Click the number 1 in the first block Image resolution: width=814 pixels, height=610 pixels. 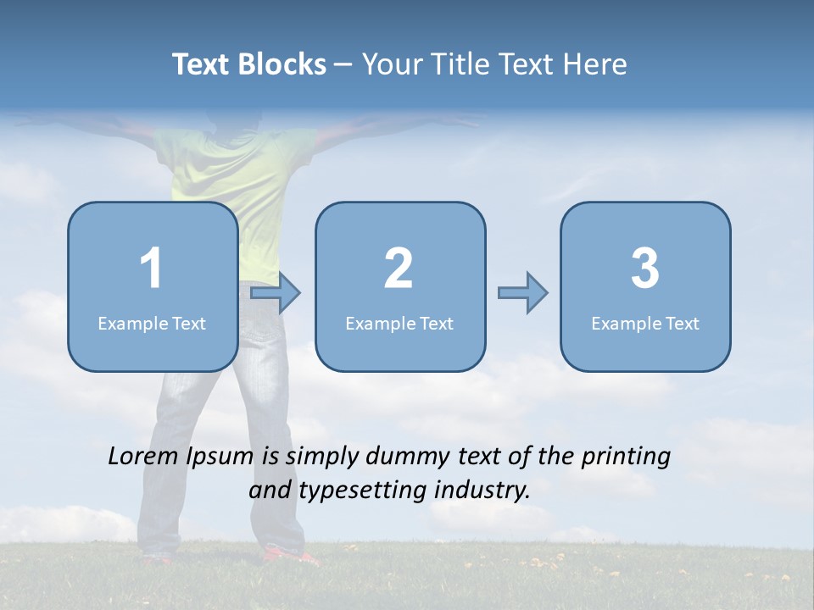[151, 269]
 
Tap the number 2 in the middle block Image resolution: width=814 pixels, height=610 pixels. [399, 269]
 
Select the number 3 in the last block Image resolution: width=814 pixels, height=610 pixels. [644, 269]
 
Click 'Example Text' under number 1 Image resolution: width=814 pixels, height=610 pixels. [152, 324]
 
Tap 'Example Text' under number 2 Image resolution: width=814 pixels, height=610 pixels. [399, 324]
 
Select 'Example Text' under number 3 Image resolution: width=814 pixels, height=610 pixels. [645, 324]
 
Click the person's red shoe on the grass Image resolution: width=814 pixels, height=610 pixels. [284, 556]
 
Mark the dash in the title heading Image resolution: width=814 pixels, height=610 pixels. [343, 65]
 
